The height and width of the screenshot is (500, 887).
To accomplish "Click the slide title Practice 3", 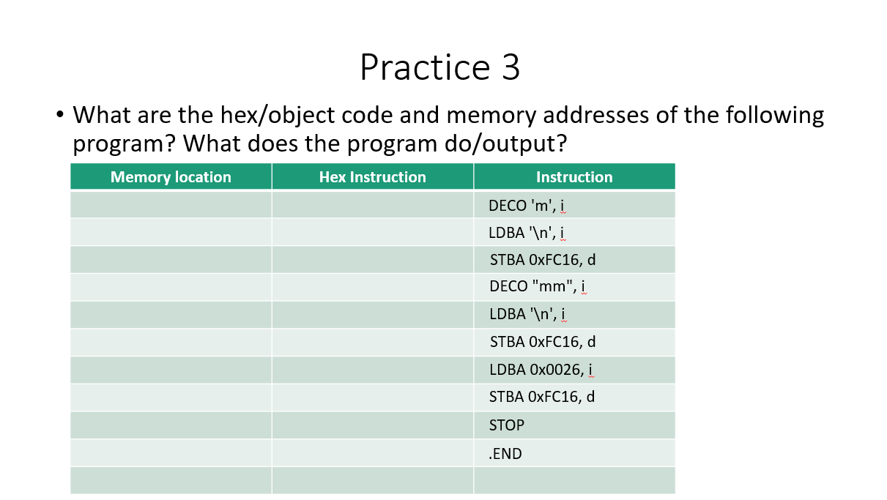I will tap(439, 67).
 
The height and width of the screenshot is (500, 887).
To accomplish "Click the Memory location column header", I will tap(171, 177).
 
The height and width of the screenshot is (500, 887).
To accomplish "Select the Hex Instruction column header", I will tap(372, 177).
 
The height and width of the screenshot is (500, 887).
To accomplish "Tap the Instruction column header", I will tap(574, 177).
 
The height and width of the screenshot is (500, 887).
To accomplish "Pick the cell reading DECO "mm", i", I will tap(537, 287).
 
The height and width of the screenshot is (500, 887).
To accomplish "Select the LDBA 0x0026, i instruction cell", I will tap(541, 370).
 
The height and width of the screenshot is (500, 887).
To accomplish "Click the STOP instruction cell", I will tap(507, 425).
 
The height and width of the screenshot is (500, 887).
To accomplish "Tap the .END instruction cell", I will tap(505, 453).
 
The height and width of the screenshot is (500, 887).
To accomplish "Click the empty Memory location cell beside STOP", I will tap(171, 425).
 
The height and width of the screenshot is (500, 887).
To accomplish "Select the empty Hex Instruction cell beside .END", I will tap(372, 453).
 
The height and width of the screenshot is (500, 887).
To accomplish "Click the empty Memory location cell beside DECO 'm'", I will tap(171, 205).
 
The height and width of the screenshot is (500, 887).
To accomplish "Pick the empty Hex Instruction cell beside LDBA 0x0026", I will tap(372, 370).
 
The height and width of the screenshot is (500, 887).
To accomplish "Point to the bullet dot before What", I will tap(59, 116).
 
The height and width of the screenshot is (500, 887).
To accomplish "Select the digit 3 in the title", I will tap(511, 67).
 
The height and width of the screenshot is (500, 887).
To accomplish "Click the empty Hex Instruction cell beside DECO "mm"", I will tap(372, 287).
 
